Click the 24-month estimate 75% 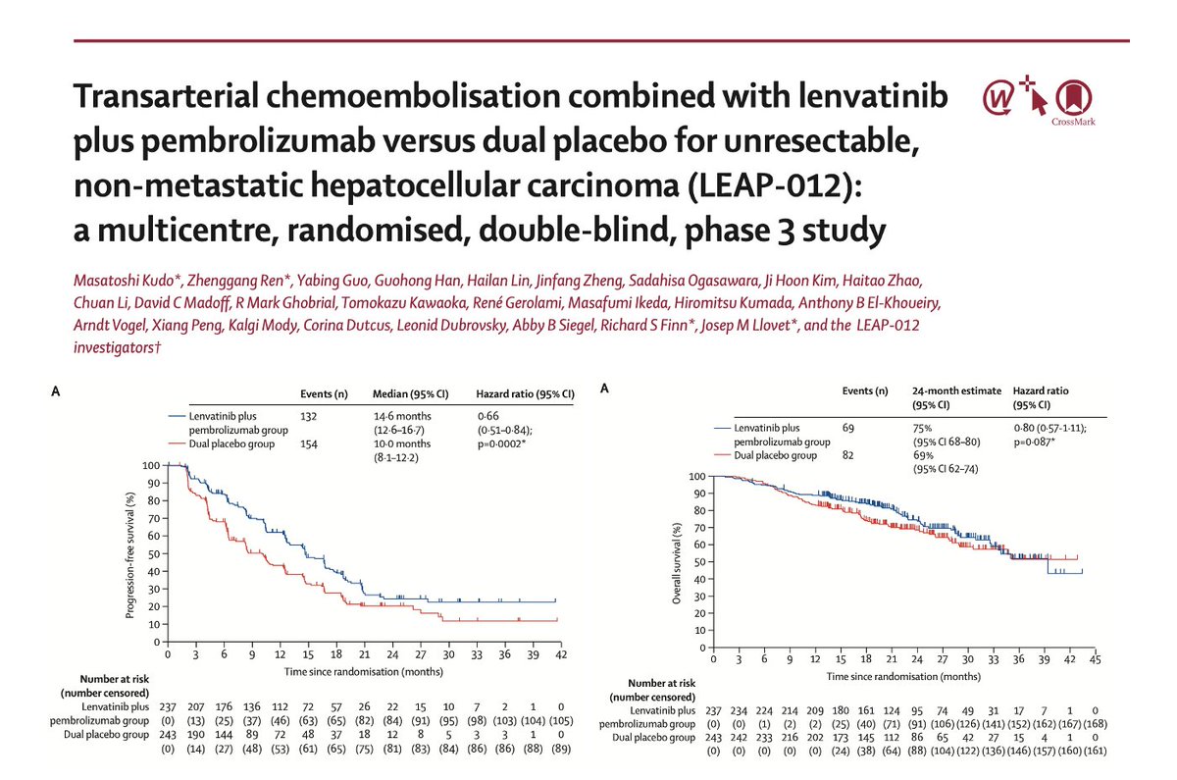coord(923,428)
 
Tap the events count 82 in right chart coord(852,455)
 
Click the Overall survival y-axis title coord(677,562)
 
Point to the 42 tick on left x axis coord(559,653)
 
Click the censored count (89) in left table coord(559,751)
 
